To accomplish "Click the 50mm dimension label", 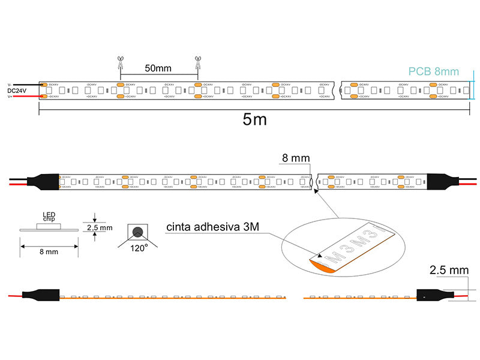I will click(x=158, y=68).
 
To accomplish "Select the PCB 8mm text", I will click(x=433, y=71).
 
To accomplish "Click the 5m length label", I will click(x=255, y=119).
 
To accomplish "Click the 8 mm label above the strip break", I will click(x=295, y=158).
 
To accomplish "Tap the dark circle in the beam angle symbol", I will click(x=138, y=232).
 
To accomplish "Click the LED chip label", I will click(x=49, y=217).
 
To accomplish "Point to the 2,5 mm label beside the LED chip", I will click(x=100, y=227).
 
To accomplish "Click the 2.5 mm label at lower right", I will click(x=449, y=270).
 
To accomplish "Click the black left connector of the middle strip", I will click(x=42, y=182).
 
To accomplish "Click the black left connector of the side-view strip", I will click(x=42, y=295).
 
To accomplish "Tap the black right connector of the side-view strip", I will click(x=433, y=295).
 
